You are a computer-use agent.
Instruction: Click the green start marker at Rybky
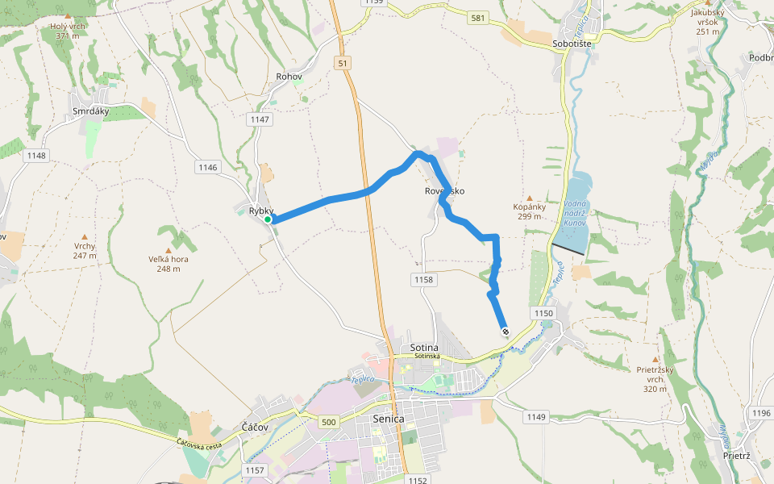[268, 219]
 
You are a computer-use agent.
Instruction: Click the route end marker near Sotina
[505, 332]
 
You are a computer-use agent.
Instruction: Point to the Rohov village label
[289, 77]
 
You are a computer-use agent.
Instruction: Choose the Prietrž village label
[737, 456]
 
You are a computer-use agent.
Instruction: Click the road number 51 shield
[344, 63]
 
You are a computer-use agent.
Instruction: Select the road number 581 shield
[480, 17]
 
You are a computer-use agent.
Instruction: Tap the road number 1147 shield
[260, 119]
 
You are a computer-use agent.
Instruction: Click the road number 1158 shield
[423, 280]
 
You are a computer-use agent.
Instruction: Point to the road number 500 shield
[328, 422]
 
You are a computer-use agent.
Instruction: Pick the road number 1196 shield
[761, 413]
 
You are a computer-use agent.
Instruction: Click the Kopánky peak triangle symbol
[530, 198]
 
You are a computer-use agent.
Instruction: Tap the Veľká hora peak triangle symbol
[169, 250]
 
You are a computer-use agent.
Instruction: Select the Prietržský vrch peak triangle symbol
[655, 360]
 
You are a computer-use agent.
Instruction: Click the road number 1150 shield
[544, 312]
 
